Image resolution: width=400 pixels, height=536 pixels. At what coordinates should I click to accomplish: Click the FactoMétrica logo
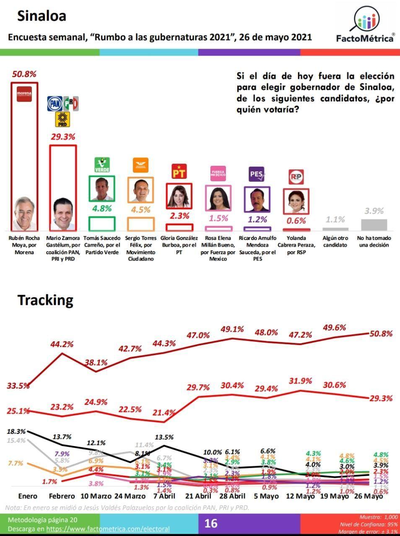tap(366, 25)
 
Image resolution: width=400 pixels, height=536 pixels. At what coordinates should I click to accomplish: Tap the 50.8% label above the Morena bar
tap(24, 74)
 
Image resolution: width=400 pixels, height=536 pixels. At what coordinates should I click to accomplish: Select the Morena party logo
tap(24, 94)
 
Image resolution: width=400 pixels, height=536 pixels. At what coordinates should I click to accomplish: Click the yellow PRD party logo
tap(62, 119)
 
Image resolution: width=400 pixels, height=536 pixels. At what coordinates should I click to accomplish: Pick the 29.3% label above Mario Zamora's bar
tap(63, 137)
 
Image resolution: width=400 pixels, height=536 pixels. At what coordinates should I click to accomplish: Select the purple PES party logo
tap(257, 174)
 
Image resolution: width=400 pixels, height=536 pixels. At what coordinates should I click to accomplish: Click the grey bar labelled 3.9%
tap(374, 224)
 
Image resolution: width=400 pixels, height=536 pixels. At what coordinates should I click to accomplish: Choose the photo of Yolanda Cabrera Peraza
tap(296, 200)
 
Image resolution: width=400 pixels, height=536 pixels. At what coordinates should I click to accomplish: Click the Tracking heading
tap(45, 300)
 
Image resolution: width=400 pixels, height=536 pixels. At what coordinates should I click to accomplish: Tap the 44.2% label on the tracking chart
tap(62, 344)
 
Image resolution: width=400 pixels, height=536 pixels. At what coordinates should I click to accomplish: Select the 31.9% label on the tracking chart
tap(301, 381)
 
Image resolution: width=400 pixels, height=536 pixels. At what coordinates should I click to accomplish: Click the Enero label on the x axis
tap(28, 496)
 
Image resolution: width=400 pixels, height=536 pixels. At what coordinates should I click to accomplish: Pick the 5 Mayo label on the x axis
tap(267, 496)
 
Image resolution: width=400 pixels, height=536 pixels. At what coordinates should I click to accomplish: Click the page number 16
tap(210, 523)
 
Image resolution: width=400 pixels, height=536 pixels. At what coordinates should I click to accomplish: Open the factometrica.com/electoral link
tap(108, 529)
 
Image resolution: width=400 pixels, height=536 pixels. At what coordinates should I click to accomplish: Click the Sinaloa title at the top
tap(41, 16)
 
